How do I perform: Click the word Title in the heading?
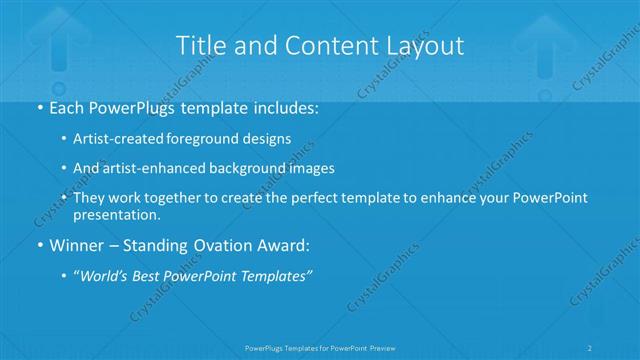pyautogui.click(x=198, y=45)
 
